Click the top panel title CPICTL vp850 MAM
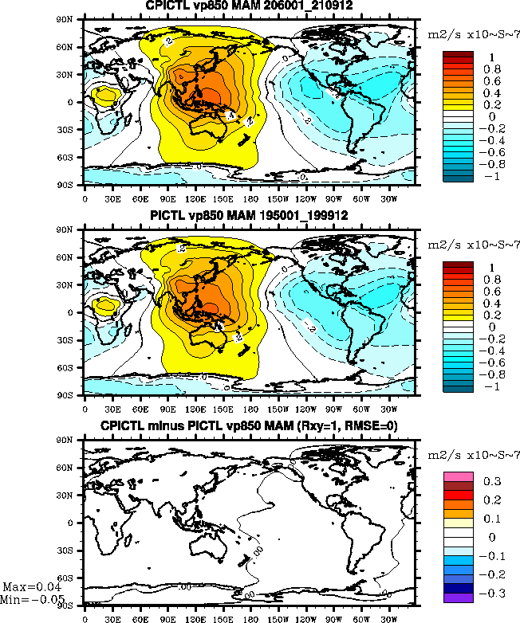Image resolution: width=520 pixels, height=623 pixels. click(x=249, y=6)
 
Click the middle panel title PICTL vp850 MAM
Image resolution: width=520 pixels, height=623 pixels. click(x=249, y=216)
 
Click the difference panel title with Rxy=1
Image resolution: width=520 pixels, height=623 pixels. click(x=249, y=426)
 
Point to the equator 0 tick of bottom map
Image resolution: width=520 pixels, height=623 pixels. click(x=77, y=523)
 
